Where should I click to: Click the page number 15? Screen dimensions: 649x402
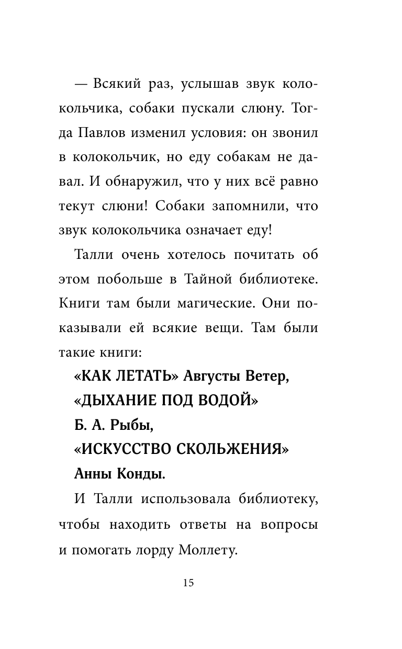188,583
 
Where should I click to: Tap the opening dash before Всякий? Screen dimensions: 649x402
80,85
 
